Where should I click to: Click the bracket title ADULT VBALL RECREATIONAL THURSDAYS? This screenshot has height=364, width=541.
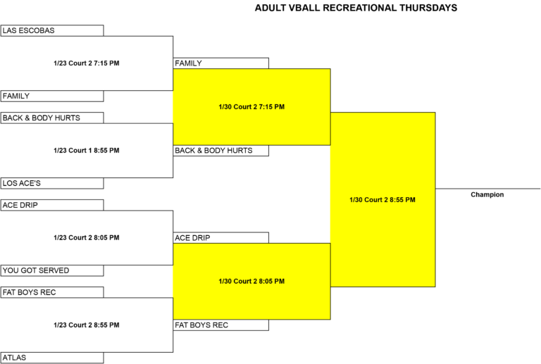click(356, 8)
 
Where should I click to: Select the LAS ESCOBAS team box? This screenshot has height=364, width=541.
click(52, 30)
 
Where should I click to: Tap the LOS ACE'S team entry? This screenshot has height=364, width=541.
click(52, 183)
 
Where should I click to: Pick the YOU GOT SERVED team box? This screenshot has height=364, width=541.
click(52, 270)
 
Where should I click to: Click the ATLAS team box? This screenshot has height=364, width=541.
click(52, 358)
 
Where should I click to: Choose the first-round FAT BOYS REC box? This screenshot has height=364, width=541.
click(52, 292)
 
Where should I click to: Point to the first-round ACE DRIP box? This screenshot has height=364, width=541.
click(52, 205)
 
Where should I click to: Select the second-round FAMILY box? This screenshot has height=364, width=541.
click(220, 63)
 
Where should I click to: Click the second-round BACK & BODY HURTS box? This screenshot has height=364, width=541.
click(220, 151)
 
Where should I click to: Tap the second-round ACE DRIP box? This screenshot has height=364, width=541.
click(220, 238)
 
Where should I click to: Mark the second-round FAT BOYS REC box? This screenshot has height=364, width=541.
click(220, 325)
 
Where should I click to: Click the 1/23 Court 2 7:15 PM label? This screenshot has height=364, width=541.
click(87, 63)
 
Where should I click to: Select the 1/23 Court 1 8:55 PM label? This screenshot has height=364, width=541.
click(87, 150)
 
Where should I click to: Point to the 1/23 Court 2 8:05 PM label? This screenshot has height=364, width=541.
click(87, 237)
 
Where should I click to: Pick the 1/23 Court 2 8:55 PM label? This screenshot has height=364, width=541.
click(87, 325)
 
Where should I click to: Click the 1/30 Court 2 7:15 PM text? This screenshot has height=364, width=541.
click(251, 107)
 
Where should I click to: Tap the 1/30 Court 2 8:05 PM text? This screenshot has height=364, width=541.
click(251, 282)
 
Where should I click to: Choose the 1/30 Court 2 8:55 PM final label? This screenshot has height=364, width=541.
click(383, 200)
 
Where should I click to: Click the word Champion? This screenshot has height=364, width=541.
click(487, 195)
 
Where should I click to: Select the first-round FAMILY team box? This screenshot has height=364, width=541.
click(52, 96)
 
